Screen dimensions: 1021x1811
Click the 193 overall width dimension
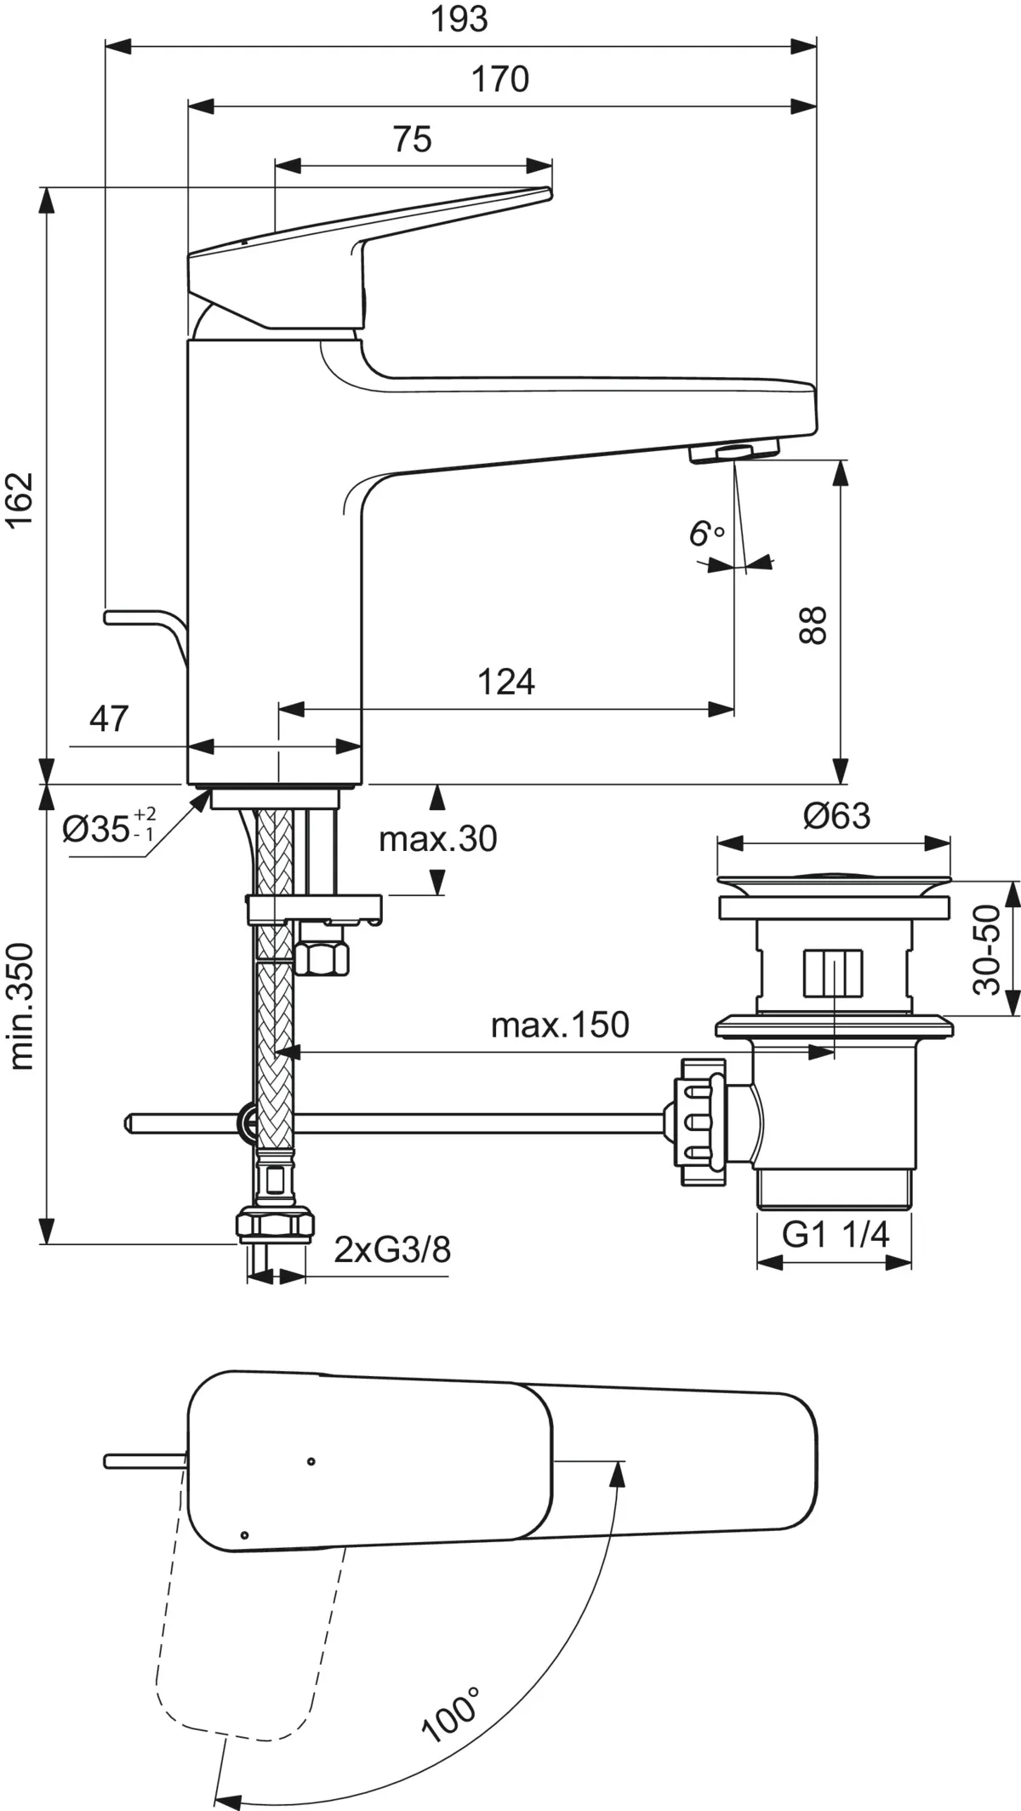click(459, 19)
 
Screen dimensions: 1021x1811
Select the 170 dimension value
click(500, 79)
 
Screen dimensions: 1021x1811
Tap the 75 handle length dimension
click(413, 139)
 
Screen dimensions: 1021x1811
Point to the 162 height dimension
click(20, 500)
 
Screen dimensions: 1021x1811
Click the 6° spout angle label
click(706, 534)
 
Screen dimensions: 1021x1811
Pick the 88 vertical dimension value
click(813, 626)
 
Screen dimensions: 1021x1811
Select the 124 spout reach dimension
click(506, 682)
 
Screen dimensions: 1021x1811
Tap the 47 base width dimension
click(109, 719)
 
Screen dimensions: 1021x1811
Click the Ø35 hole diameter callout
click(109, 826)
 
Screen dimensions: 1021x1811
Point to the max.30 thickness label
click(438, 839)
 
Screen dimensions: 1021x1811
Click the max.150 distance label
click(560, 1025)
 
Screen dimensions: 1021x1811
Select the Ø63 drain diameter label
click(837, 815)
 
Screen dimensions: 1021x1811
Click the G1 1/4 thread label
click(836, 1233)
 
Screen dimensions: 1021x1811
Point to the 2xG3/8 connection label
click(392, 1249)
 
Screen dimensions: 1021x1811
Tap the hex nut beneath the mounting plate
click(322, 959)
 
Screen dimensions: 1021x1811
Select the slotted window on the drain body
click(833, 972)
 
